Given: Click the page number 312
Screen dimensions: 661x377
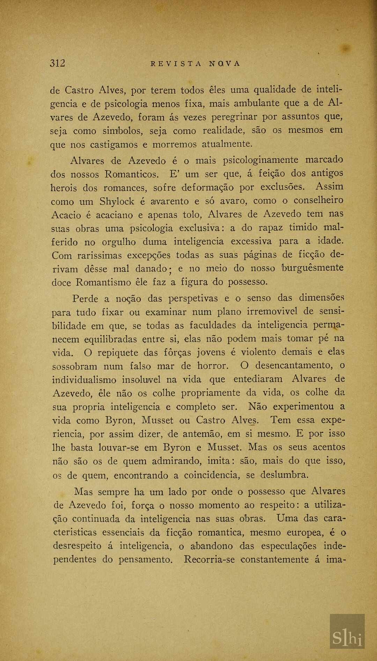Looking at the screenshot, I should [x=58, y=63].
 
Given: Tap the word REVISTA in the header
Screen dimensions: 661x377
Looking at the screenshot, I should [x=176, y=63].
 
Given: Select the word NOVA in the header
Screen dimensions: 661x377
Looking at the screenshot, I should [x=225, y=63].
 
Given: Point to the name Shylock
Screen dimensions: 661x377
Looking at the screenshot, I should [x=117, y=202].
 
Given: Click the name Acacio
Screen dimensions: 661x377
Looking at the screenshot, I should [x=66, y=215].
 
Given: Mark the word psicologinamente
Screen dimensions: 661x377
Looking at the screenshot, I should [x=260, y=160].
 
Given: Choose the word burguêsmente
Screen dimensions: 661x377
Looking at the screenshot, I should [x=313, y=268].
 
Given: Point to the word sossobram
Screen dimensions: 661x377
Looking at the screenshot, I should [x=75, y=366].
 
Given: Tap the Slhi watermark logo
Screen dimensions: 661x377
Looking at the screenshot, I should [x=347, y=638].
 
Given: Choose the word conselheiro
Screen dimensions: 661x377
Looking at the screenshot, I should [x=318, y=201].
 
